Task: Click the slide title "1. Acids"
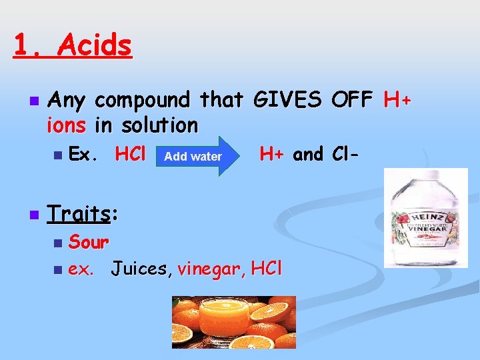(73, 46)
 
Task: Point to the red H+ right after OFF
(398, 101)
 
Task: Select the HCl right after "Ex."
(131, 155)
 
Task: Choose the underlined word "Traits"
(79, 214)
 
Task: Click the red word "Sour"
(89, 241)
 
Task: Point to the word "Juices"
(139, 269)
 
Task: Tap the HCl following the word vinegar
(267, 269)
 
